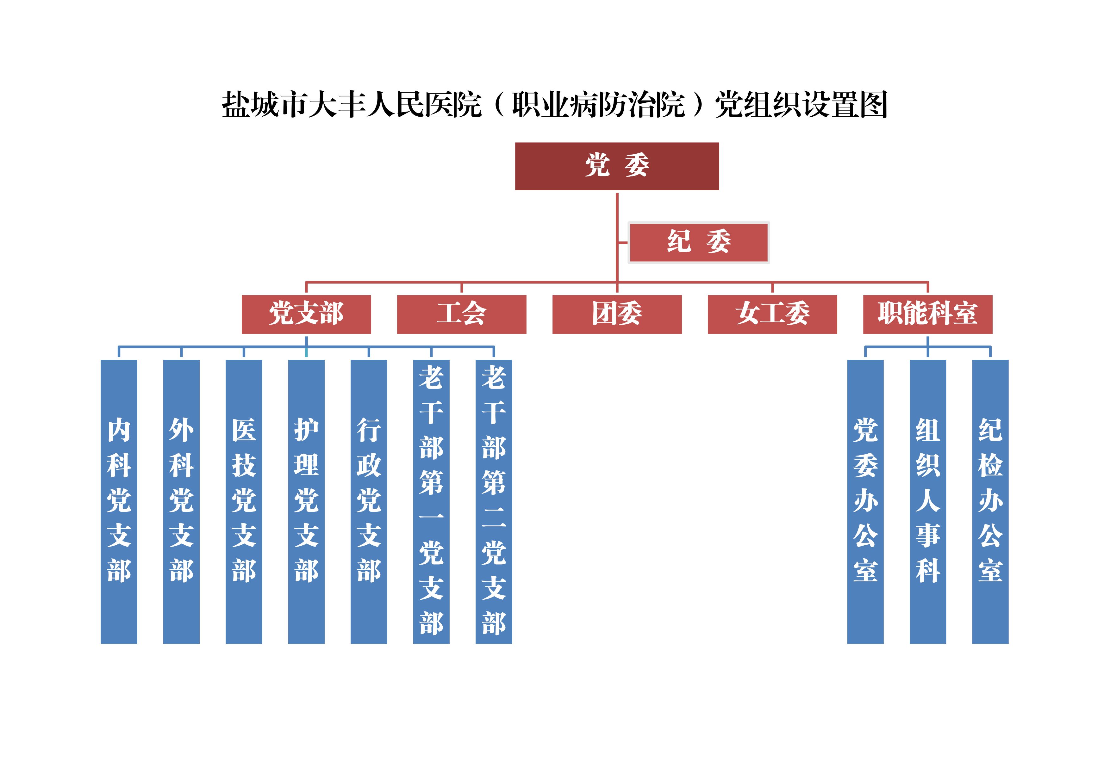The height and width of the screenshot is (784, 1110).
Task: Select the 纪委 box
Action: pos(699,242)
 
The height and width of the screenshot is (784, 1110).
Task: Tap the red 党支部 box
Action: pos(306,314)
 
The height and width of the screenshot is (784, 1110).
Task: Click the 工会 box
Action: pos(461,314)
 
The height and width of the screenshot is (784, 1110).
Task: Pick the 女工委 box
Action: pos(772,314)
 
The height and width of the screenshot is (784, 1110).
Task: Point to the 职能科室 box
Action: pos(927,314)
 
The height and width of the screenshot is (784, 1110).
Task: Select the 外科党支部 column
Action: pos(181,501)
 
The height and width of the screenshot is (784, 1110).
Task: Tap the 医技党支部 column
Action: pos(244,501)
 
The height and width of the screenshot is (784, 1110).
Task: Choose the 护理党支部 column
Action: pos(306,501)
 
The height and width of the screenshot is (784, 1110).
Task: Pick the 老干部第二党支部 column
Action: pos(494,501)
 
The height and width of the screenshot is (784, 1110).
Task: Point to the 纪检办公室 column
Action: pos(990,501)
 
